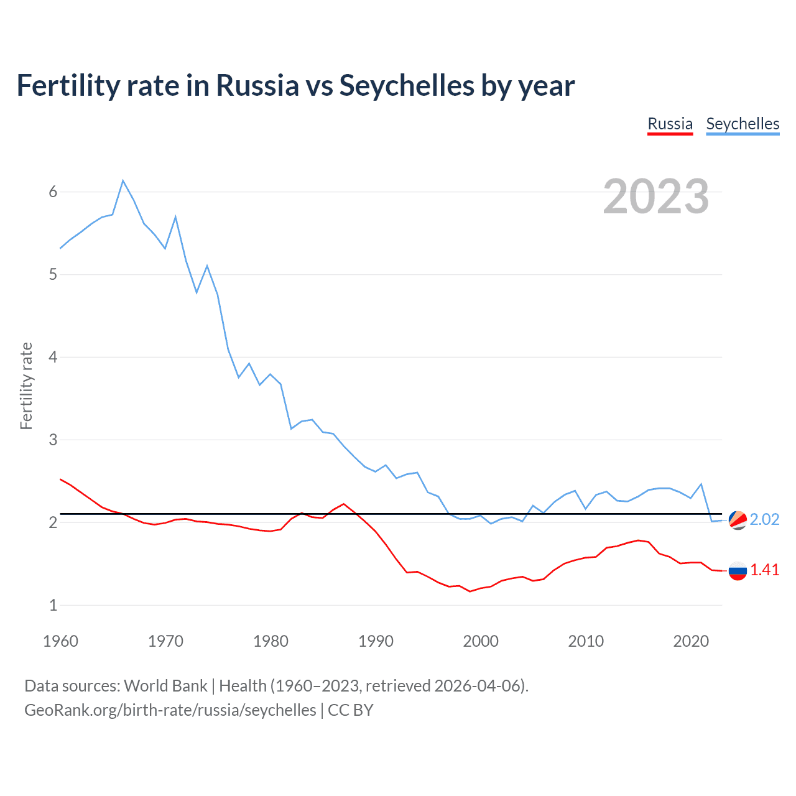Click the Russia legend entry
(670, 124)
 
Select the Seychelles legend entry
(743, 124)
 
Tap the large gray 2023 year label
(655, 197)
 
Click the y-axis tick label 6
(53, 192)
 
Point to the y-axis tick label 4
(53, 358)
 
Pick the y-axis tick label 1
(53, 605)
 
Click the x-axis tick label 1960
(60, 641)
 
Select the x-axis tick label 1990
(376, 641)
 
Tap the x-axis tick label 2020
(691, 641)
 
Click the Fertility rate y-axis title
(26, 386)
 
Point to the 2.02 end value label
(764, 519)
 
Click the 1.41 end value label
(764, 570)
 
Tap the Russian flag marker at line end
(738, 570)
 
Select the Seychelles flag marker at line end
(738, 519)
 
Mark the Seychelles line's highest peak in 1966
(123, 181)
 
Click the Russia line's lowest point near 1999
(470, 591)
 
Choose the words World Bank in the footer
(165, 686)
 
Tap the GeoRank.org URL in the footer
(170, 710)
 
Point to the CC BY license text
(350, 710)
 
